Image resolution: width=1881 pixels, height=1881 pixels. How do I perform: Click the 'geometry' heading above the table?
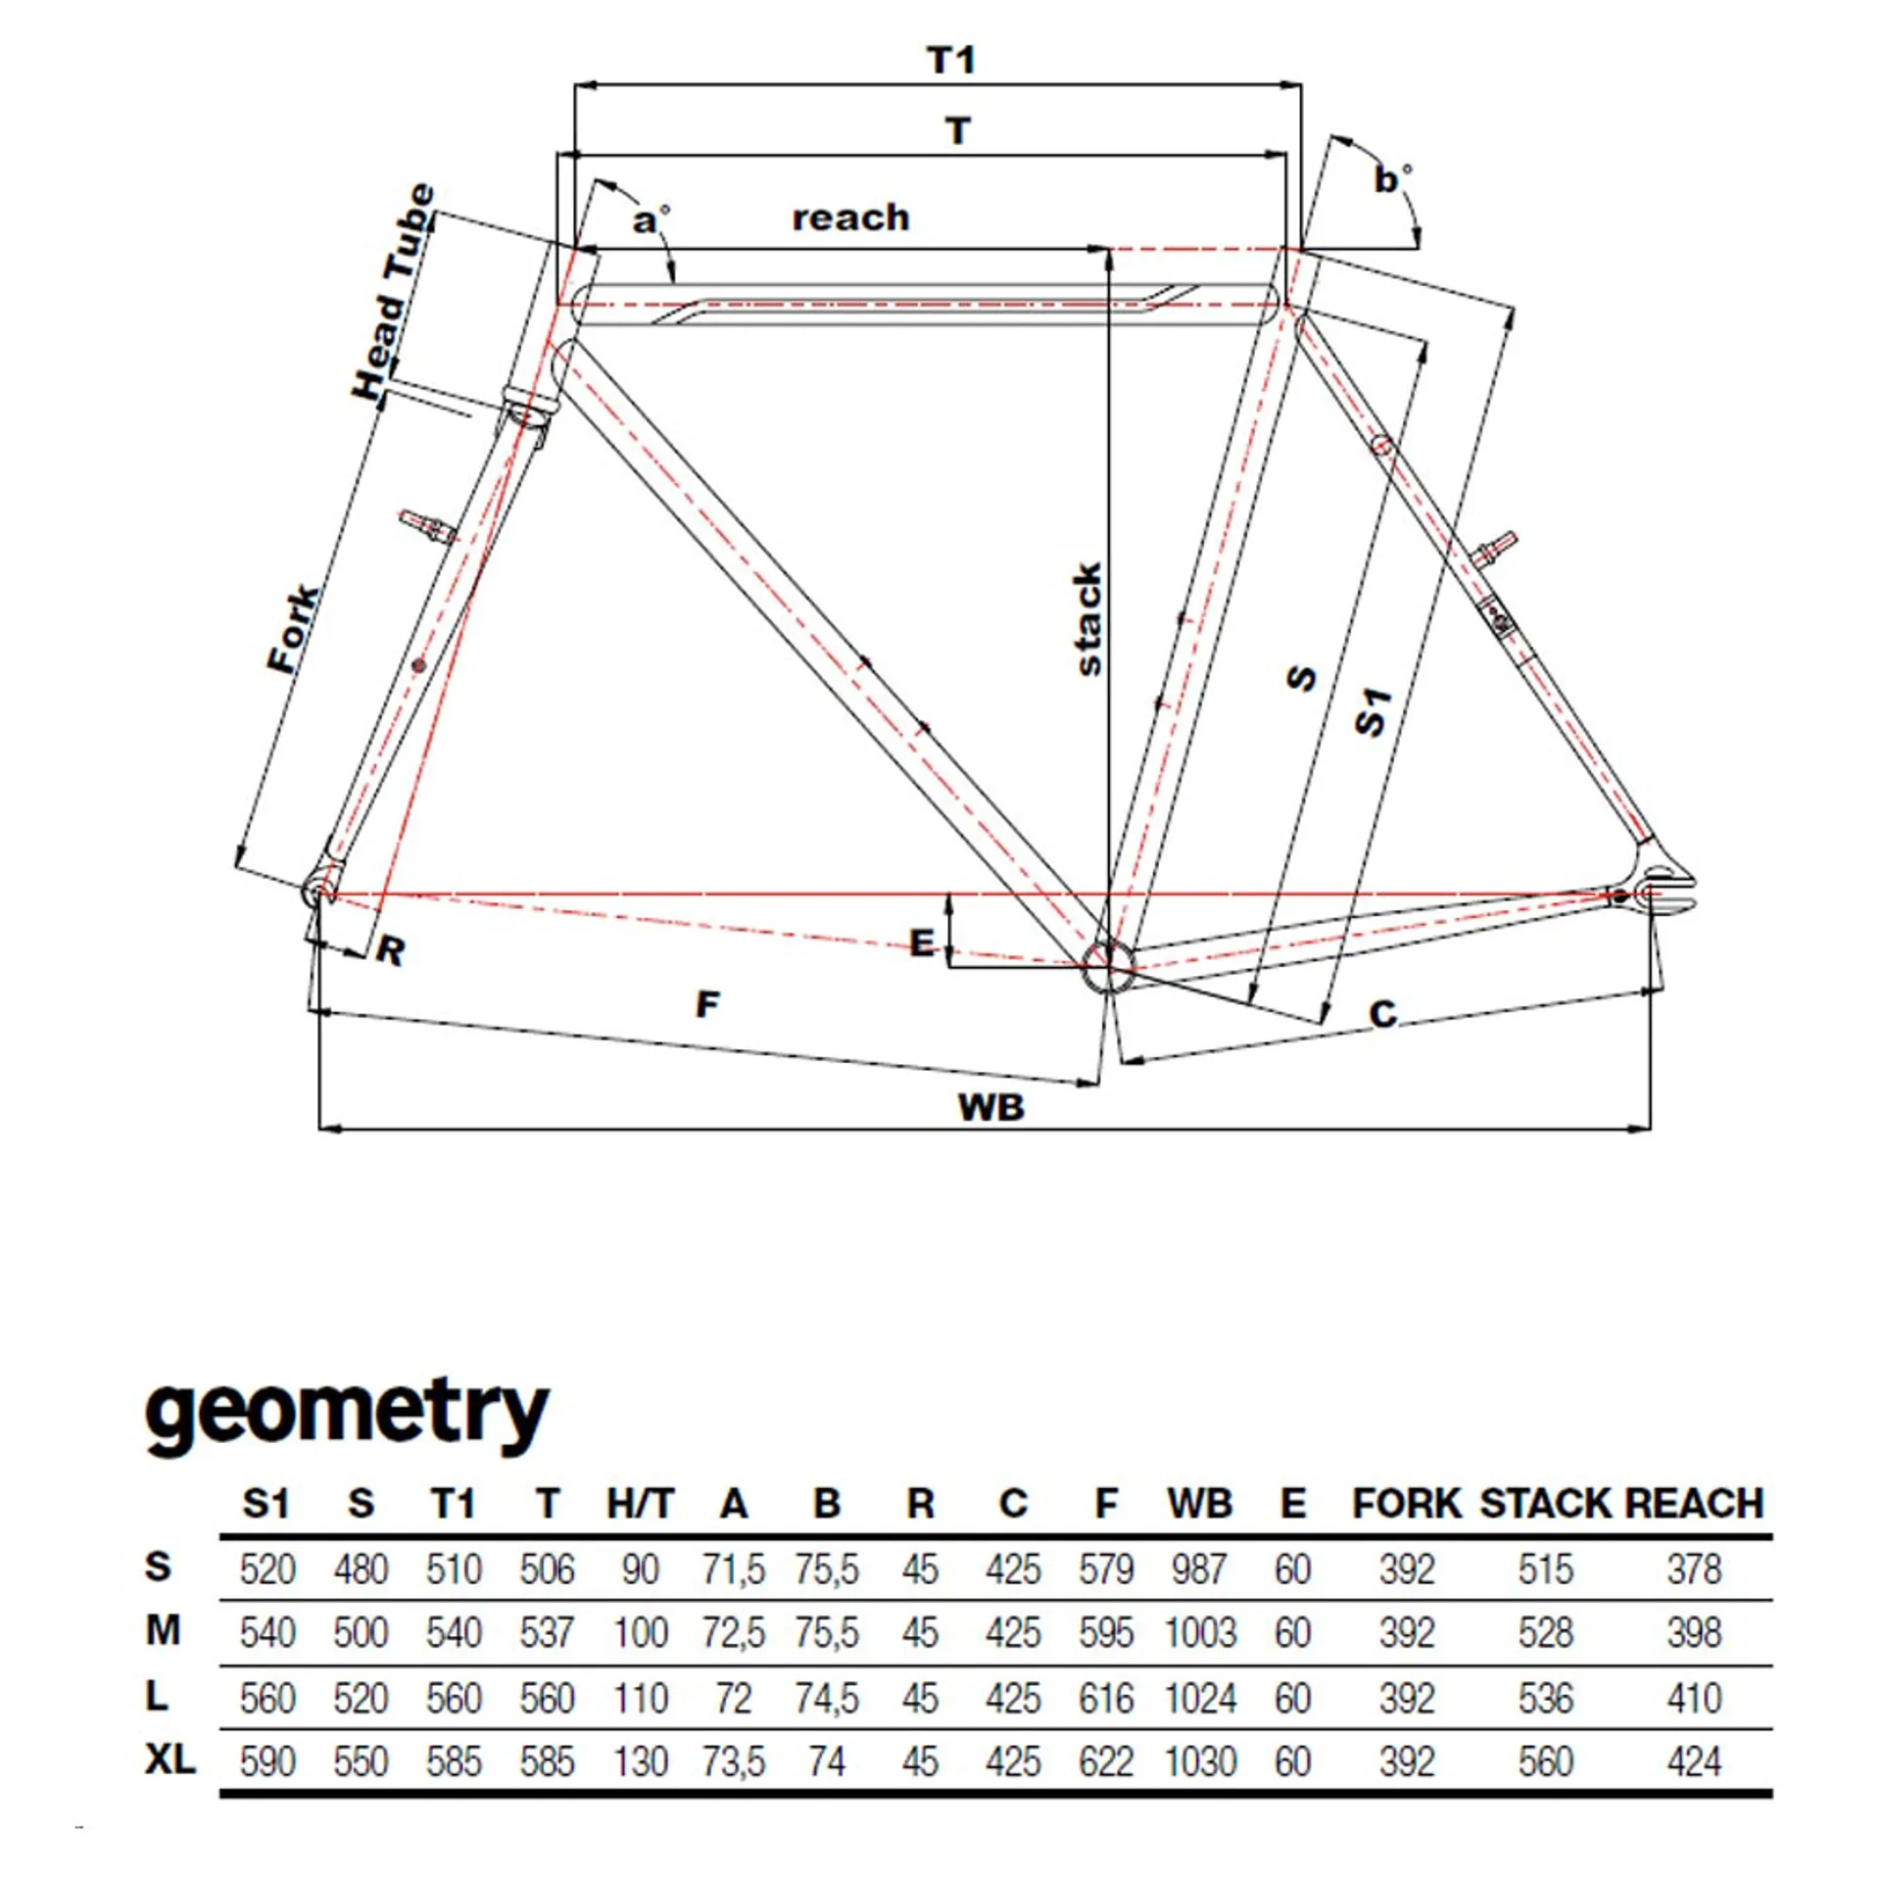click(347, 1413)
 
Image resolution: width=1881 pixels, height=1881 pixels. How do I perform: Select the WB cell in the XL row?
click(1200, 1760)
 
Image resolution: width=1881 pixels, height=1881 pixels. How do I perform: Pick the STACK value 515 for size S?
click(1545, 1569)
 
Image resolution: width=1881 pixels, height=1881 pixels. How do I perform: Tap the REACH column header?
click(1694, 1503)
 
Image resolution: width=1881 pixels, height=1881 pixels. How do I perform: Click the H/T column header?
click(641, 1503)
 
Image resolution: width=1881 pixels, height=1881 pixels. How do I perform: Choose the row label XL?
click(170, 1760)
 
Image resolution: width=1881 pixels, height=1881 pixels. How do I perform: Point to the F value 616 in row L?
click(1106, 1698)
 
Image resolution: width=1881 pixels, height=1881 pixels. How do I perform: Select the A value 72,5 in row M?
click(733, 1633)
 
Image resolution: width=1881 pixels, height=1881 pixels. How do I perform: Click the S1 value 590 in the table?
click(267, 1760)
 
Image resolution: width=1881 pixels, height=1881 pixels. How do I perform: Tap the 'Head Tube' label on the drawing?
click(393, 291)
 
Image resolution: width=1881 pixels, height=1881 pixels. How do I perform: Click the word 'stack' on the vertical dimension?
click(1088, 619)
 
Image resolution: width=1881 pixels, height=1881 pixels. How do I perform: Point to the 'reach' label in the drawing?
click(850, 217)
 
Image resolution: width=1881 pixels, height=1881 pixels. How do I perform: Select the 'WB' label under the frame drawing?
click(991, 1108)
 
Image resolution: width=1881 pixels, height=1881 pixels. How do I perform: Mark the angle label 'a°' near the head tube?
click(651, 220)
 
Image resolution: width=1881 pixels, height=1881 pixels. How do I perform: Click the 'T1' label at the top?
click(951, 61)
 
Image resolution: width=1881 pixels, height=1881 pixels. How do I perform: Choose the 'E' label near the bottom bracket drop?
click(922, 942)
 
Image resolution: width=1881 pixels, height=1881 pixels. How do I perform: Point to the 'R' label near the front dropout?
click(391, 950)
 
